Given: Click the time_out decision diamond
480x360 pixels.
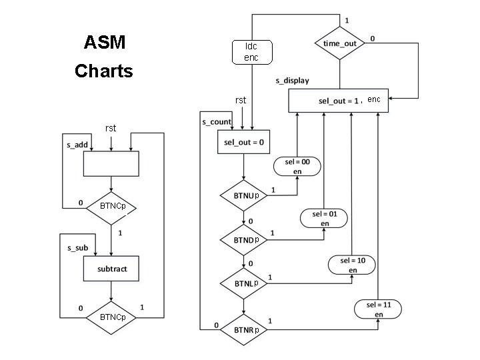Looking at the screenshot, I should coord(340,43).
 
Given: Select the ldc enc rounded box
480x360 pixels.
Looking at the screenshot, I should coord(251,52).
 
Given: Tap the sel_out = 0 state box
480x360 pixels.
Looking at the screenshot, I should coord(243,141).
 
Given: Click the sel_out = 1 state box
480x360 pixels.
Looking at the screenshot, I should coord(338,101).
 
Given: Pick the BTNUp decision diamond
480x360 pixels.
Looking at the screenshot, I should coord(244,196).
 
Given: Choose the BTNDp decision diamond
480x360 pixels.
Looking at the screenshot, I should coord(244,239).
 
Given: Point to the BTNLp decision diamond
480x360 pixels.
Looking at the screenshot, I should coord(244,283).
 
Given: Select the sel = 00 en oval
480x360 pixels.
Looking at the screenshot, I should coord(297,167).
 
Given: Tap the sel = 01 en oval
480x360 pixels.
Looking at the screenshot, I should coord(325,219).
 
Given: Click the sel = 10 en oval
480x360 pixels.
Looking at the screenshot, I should coord(352,265).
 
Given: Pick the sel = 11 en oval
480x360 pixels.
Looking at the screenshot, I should coord(379,309).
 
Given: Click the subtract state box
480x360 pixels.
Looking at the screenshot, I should coord(111,269).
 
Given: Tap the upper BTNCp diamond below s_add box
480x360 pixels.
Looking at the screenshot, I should coord(111,207).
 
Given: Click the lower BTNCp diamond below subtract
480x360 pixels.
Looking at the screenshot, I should coord(111,317).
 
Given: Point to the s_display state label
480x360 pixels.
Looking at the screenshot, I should coord(292,81).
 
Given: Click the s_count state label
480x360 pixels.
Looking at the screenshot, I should coord(217,122).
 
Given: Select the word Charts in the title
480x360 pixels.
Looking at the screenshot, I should coord(104,71).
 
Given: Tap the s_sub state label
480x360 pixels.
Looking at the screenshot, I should coord(77,247).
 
